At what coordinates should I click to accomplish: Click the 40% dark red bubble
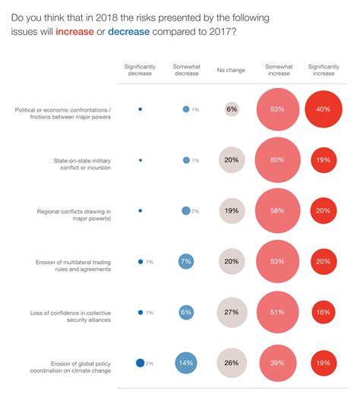[x=324, y=109]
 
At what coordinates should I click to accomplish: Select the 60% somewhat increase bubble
[x=277, y=160]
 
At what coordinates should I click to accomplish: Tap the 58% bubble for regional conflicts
[x=277, y=211]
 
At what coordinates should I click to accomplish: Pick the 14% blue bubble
[x=186, y=363]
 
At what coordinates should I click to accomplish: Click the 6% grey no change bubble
[x=232, y=109]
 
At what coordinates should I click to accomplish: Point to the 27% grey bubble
[x=232, y=312]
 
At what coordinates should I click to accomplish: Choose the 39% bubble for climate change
[x=278, y=363]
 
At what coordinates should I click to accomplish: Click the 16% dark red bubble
[x=324, y=312]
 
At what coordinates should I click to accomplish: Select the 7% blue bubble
[x=186, y=261]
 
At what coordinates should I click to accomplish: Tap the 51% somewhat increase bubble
[x=277, y=312]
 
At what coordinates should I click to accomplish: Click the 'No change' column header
[x=231, y=70]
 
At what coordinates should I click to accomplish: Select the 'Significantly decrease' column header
[x=140, y=70]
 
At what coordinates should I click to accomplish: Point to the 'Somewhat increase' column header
[x=279, y=70]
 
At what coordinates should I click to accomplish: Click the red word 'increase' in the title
[x=74, y=32]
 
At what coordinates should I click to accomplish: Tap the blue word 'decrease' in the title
[x=128, y=32]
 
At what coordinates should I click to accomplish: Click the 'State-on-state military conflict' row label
[x=82, y=164]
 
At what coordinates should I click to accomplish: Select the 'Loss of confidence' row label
[x=71, y=317]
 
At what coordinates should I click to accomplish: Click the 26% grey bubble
[x=232, y=363]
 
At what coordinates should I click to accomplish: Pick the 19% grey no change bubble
[x=232, y=211]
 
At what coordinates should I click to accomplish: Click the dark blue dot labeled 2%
[x=141, y=363]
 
